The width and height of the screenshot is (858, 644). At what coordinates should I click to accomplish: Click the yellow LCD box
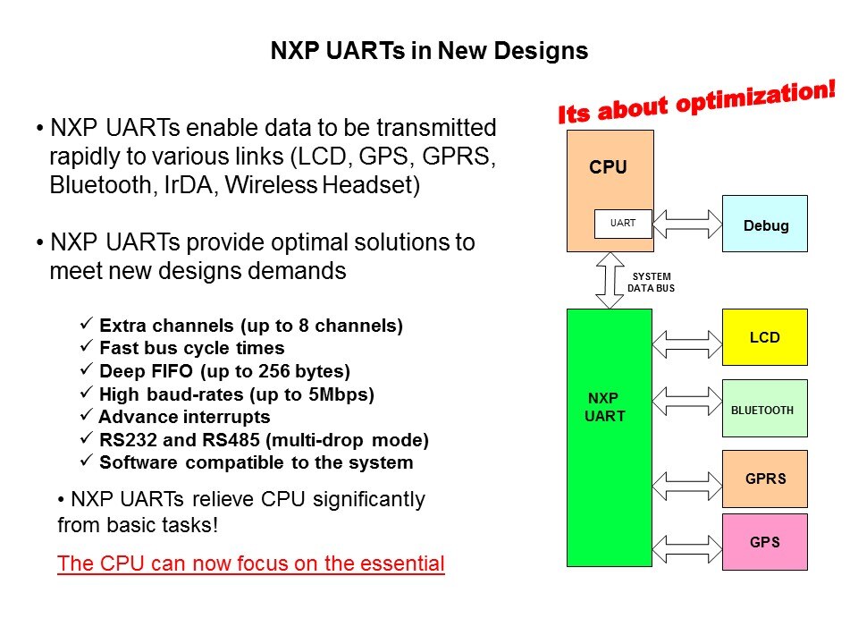764,337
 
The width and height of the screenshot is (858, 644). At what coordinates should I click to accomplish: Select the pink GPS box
764,542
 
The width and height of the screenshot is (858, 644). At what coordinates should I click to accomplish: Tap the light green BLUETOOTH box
764,408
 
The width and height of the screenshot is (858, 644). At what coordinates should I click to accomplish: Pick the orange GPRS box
764,479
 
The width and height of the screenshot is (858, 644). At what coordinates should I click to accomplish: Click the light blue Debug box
764,224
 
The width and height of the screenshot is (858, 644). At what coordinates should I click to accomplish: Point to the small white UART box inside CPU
623,224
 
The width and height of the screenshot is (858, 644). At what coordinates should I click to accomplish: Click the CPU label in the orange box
608,166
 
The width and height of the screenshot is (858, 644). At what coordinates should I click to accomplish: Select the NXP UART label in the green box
604,407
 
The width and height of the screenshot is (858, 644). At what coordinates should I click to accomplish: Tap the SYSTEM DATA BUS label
651,282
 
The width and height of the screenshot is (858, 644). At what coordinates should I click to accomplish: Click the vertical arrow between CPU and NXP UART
610,280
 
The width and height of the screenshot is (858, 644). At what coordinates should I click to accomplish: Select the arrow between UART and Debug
687,224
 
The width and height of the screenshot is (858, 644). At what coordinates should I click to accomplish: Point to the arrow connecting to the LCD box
687,343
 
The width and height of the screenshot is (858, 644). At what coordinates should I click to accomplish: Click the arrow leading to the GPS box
687,548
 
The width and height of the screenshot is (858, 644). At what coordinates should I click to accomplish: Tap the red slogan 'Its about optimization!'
696,102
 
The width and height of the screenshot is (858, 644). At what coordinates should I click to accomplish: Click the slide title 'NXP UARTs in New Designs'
429,50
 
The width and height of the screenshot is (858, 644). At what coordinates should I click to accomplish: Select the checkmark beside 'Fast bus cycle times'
87,346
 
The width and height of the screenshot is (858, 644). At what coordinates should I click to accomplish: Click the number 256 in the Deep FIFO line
274,370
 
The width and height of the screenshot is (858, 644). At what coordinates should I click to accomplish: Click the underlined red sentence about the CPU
250,563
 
